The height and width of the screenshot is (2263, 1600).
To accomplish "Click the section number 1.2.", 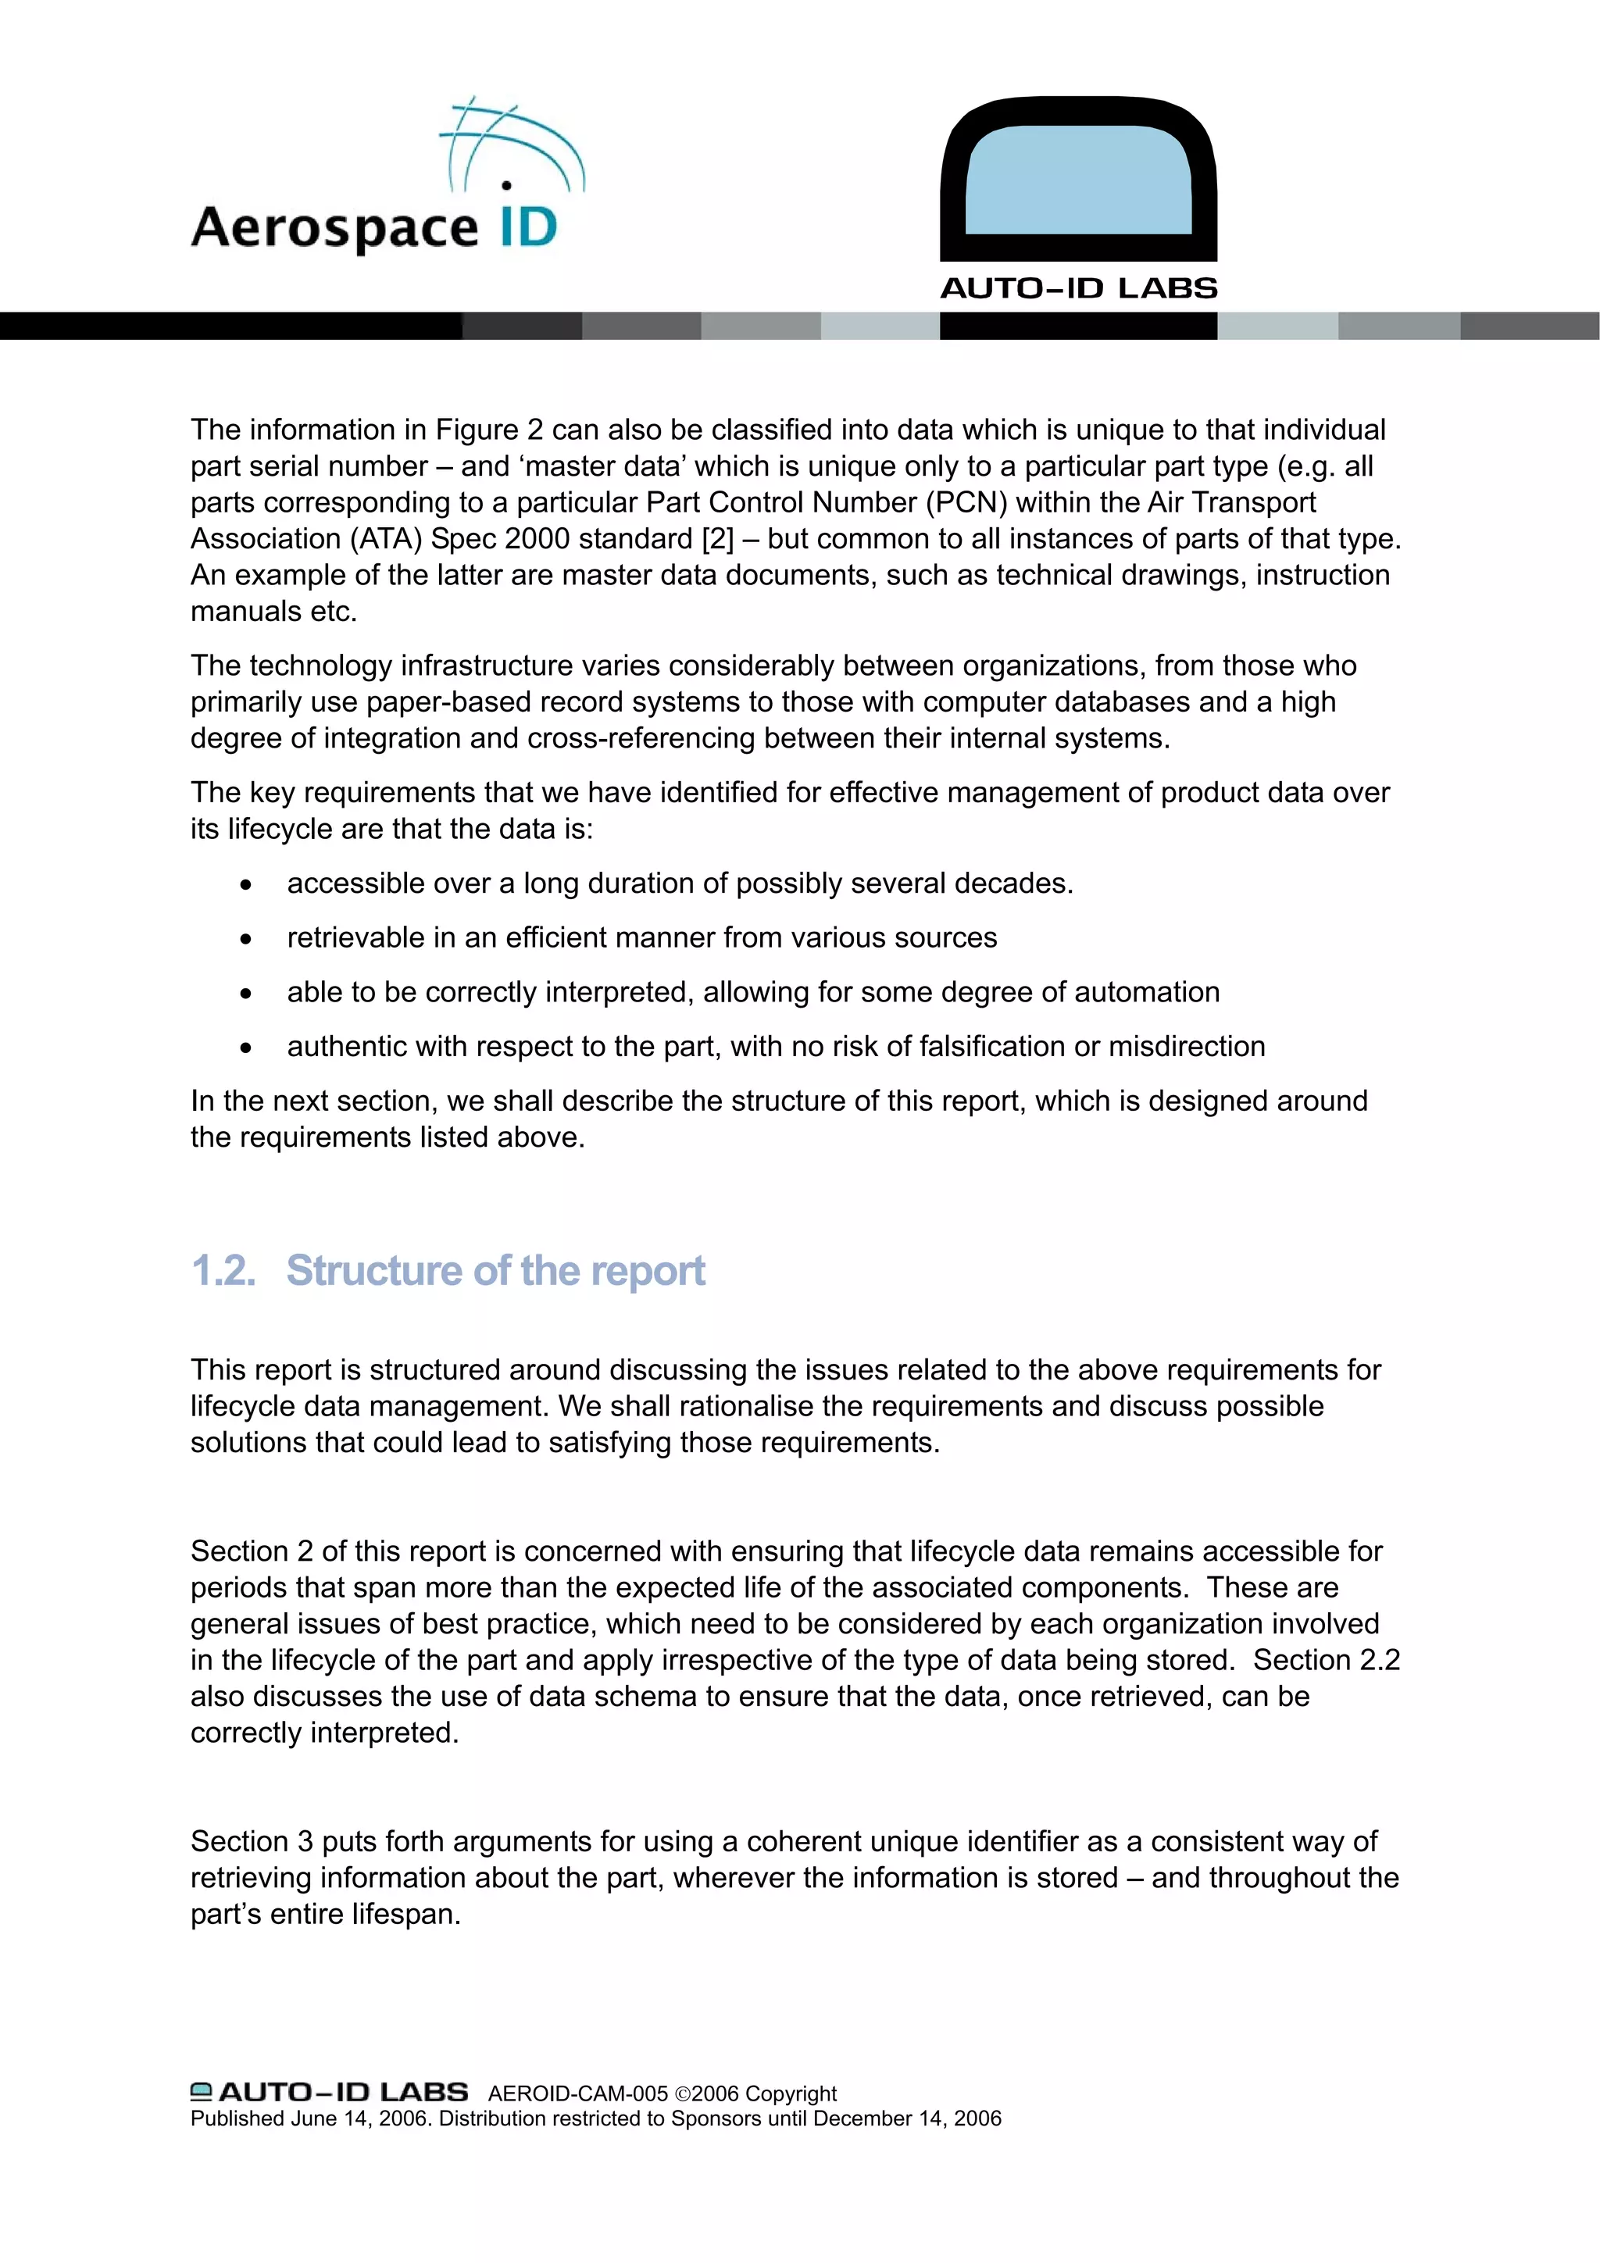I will tap(223, 1272).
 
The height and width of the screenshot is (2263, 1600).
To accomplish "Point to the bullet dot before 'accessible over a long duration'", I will tap(245, 885).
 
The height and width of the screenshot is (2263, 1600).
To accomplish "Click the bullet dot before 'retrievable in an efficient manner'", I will tap(245, 939).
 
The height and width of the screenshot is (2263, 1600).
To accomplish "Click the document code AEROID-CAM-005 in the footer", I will tap(577, 2093).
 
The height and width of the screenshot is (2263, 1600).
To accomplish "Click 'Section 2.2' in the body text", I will tap(1326, 1660).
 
